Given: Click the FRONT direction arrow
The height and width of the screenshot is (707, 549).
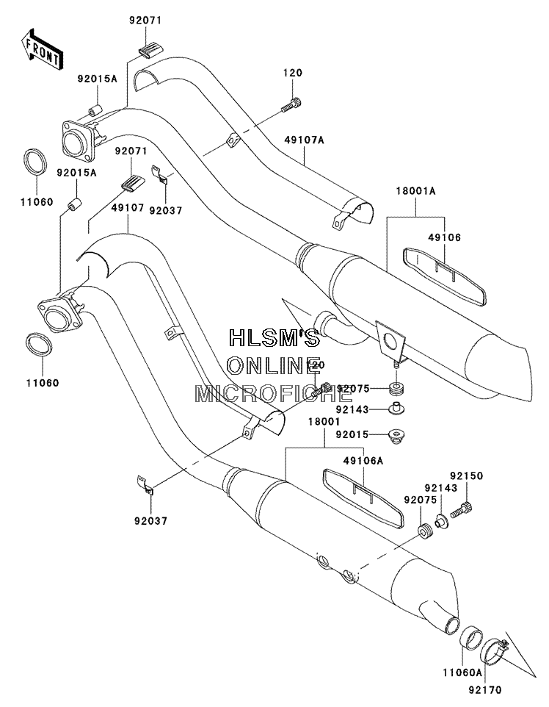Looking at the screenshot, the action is coord(41,49).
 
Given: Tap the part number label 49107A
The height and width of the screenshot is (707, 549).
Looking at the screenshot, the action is coord(304,140).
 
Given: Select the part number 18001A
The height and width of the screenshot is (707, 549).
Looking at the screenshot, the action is coord(415,191).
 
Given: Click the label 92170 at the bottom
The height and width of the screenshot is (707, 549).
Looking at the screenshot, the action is coord(484,689).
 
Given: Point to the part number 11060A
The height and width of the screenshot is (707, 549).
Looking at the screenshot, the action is coord(462,672).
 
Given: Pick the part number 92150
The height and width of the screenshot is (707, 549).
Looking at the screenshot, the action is coord(466,475).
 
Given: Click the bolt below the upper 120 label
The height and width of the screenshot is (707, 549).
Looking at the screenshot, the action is coord(291,104).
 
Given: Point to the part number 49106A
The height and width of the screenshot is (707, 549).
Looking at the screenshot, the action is coord(363,460).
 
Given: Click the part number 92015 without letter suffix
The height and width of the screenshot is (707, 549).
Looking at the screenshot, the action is coord(352,434).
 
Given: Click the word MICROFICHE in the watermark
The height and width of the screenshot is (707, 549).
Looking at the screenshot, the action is coord(273,394).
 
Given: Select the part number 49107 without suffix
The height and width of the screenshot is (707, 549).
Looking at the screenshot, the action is coord(128,207).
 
